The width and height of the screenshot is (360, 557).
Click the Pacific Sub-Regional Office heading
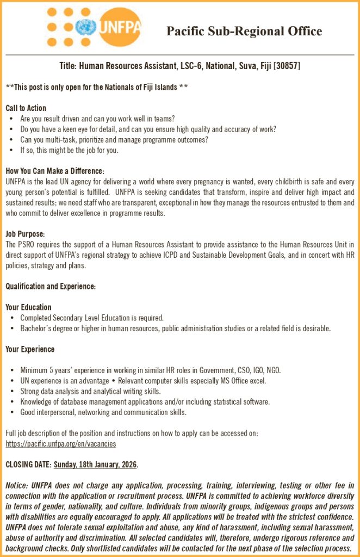(x=244, y=31)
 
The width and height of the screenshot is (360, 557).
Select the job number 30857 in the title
(x=287, y=66)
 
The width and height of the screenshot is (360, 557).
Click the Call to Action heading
(x=26, y=108)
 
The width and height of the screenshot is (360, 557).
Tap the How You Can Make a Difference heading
(x=55, y=171)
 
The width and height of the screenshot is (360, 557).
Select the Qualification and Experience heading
(x=51, y=286)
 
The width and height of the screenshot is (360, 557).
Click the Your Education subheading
(x=28, y=307)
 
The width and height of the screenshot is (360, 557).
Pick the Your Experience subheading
(x=30, y=349)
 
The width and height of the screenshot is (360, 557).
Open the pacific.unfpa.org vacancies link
(x=60, y=444)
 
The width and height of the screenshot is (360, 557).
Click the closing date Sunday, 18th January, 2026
(x=95, y=465)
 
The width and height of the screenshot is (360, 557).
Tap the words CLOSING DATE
(x=28, y=465)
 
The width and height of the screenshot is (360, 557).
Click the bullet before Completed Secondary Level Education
(x=12, y=318)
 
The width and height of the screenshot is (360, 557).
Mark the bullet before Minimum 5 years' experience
(x=12, y=370)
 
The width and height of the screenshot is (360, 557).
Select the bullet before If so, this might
(x=12, y=150)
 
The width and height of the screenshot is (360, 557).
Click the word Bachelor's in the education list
(x=36, y=329)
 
